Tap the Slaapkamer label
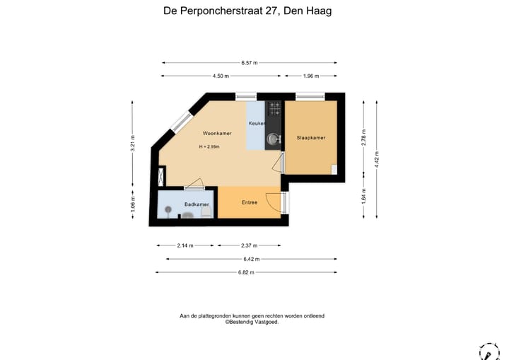click(311, 138)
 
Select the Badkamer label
click(196, 204)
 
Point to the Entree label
click(250, 202)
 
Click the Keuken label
click(257, 124)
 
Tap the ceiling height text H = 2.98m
click(209, 147)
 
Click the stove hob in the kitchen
click(274, 109)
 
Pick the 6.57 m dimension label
click(248, 63)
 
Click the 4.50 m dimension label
click(221, 76)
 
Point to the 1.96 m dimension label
click(310, 76)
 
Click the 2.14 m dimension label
click(185, 245)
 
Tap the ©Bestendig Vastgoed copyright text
click(252, 322)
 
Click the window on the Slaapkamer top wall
click(310, 96)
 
